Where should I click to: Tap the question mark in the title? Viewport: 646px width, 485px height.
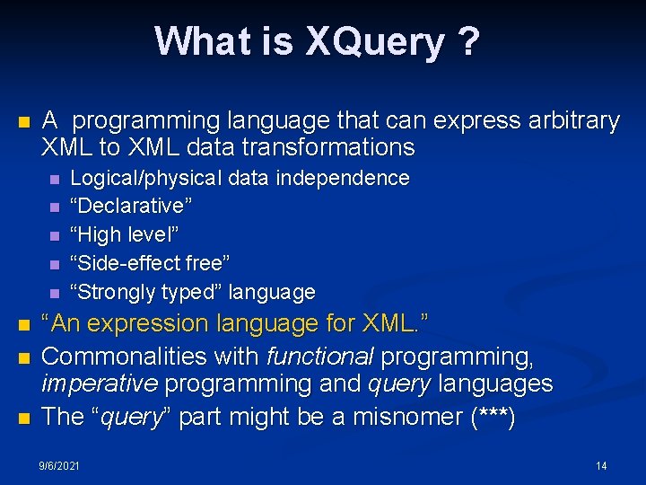[x=468, y=41]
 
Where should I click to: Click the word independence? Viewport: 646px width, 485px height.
[x=342, y=178]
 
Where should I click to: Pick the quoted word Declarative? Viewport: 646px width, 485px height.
[x=131, y=207]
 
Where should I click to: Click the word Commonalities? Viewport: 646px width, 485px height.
[x=128, y=356]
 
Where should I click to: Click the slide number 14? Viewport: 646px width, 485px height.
[x=601, y=465]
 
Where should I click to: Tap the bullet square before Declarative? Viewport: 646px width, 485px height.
[x=56, y=207]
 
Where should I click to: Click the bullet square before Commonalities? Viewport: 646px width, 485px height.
[x=24, y=357]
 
